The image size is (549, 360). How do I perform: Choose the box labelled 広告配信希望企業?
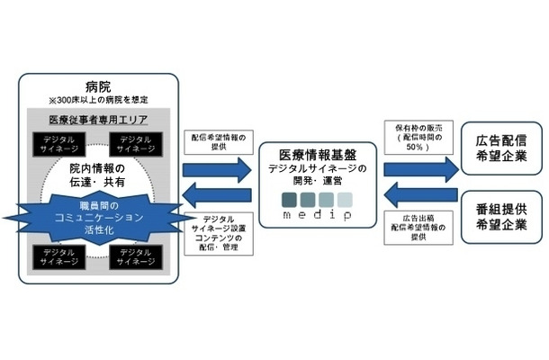(500, 148)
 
